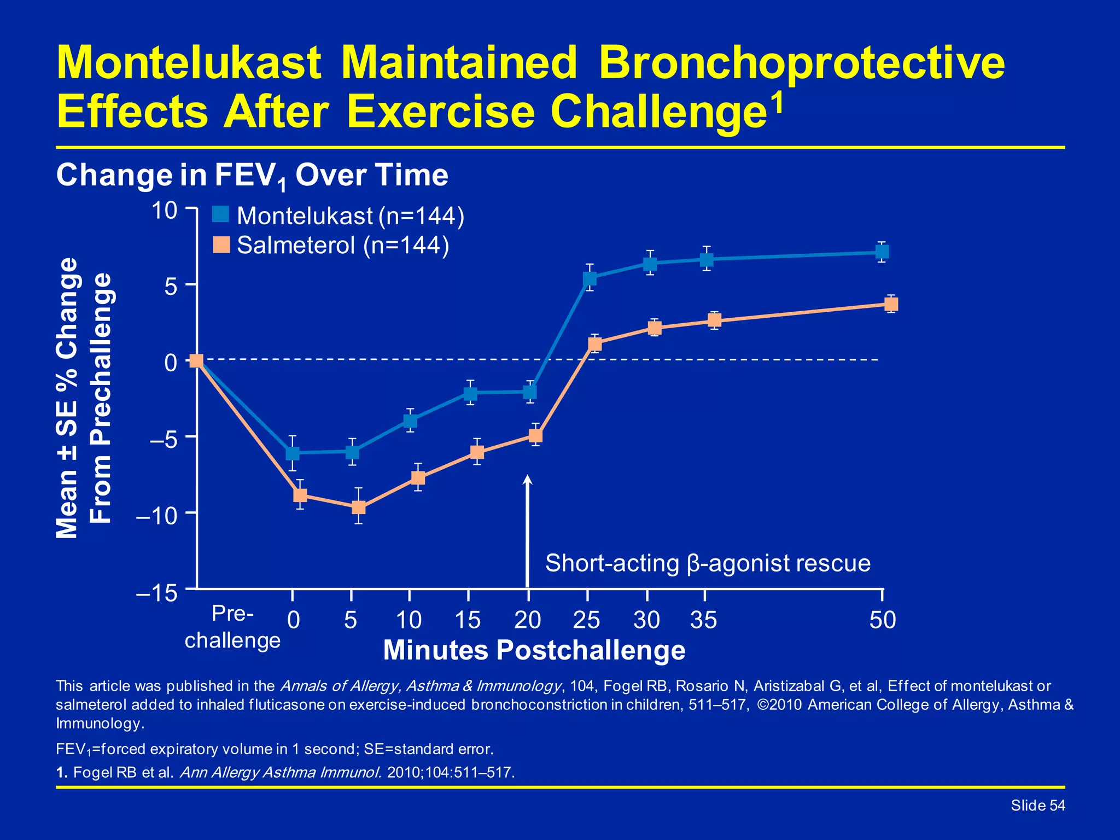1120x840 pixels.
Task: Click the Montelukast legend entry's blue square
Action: (220, 214)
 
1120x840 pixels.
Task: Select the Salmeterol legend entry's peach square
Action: (221, 244)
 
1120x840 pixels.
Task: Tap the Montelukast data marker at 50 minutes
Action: (882, 252)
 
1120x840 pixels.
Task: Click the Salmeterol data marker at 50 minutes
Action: (891, 304)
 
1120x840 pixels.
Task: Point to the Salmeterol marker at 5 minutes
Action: (358, 507)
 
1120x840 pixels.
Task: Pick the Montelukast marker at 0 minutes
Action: (293, 453)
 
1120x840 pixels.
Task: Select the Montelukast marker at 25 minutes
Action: (590, 278)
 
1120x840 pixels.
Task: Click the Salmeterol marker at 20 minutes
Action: (535, 435)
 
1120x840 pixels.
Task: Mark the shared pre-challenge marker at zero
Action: (196, 360)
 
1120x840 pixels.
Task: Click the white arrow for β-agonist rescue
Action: (528, 530)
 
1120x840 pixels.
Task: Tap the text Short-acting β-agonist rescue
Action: (708, 563)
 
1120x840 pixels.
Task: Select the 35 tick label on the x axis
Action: (703, 620)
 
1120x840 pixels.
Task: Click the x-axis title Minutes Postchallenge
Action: (534, 650)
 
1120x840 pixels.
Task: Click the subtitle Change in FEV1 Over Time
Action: (252, 176)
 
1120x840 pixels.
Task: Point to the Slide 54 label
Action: (1037, 806)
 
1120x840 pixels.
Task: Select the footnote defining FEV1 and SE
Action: (275, 749)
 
